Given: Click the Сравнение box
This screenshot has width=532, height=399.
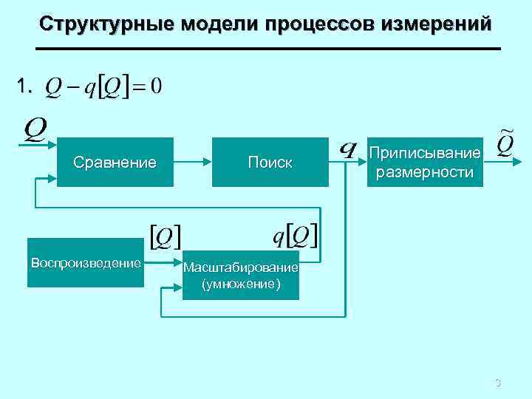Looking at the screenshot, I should pos(115,162).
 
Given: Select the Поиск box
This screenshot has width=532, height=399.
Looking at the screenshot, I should pos(270,162).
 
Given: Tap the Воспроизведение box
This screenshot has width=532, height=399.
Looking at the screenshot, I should pos(85,262).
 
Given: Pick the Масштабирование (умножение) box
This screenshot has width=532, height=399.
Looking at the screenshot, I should pos(241,275).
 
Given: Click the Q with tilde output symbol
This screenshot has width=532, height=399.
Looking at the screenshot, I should pos(502,142).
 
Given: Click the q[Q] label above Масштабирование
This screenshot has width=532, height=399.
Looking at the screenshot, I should pos(295,236).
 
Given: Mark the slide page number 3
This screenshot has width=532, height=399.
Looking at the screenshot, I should pos(497,383).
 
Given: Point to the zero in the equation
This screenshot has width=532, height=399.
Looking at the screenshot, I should pos(156,87).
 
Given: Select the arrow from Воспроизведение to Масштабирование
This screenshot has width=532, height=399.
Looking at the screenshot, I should pos(163,262).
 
